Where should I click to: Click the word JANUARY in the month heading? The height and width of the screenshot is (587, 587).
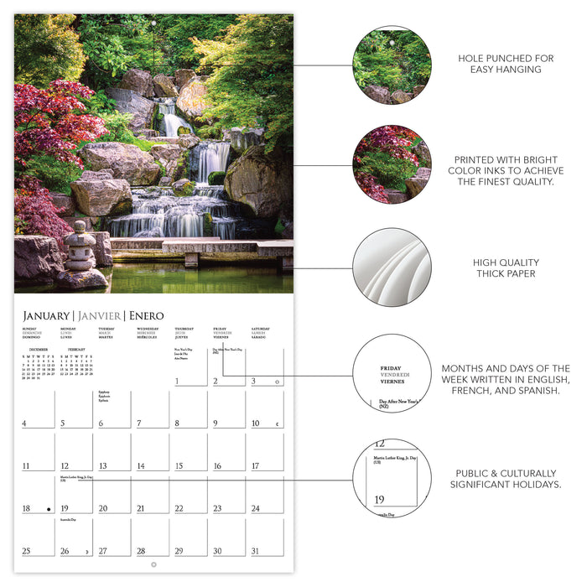[x=47, y=316]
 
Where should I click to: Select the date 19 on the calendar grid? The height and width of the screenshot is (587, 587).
[x=65, y=508]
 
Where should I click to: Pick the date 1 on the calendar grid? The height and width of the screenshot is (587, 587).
[x=179, y=382]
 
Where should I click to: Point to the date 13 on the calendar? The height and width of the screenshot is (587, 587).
[x=102, y=466]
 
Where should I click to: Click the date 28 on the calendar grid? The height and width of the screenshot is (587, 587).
[x=141, y=551]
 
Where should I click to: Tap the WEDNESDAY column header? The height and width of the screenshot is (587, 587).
[x=148, y=330]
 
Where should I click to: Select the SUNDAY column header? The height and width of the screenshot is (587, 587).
[x=29, y=330]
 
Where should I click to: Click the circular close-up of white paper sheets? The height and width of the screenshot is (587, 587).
[x=392, y=268]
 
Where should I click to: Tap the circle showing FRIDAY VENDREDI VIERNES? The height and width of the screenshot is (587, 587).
[x=392, y=372]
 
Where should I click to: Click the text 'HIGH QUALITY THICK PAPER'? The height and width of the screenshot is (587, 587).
[x=506, y=268]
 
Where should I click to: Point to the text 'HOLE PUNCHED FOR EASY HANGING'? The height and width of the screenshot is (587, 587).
[x=506, y=65]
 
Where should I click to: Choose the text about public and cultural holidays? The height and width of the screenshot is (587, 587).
[x=506, y=479]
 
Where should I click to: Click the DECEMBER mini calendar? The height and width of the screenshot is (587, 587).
[x=39, y=364]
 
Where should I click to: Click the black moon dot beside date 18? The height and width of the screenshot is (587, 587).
[x=49, y=509]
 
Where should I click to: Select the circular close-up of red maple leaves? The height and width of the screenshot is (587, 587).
[x=392, y=164]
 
